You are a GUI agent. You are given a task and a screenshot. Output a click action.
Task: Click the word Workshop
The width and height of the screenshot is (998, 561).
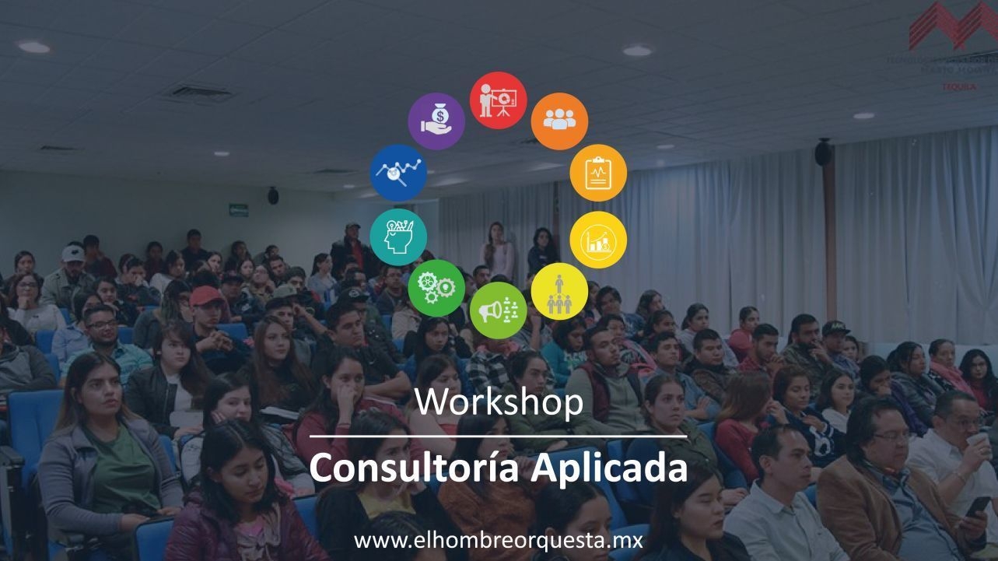[x=499, y=402]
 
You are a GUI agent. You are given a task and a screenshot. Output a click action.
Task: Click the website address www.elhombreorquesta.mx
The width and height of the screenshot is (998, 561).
[x=498, y=540]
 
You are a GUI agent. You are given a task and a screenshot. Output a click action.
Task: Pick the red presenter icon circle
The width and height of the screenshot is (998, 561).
[x=498, y=100]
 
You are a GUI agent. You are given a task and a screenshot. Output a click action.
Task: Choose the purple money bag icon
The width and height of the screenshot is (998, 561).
[x=436, y=121]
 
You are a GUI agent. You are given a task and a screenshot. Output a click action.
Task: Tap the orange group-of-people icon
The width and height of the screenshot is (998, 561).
[x=559, y=121]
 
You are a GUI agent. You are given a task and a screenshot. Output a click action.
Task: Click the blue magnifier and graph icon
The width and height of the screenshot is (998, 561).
[x=398, y=172]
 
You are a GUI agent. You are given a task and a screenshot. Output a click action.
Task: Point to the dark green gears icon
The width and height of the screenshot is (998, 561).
[x=436, y=288]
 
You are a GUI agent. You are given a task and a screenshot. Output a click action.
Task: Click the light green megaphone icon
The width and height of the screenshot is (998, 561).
[x=498, y=310]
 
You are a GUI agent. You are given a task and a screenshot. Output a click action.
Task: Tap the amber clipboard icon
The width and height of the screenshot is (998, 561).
[x=598, y=173]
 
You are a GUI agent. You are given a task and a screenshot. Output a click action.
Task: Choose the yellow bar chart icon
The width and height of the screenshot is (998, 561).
[x=598, y=240]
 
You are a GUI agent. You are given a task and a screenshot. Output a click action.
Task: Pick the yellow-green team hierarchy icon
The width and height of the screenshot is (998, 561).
[x=559, y=291]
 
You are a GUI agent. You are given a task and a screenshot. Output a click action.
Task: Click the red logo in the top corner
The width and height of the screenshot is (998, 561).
[x=953, y=27]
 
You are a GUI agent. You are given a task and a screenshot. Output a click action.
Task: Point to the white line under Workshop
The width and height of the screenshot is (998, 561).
[x=498, y=437]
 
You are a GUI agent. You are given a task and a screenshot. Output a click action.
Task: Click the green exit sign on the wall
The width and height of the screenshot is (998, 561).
[x=239, y=209]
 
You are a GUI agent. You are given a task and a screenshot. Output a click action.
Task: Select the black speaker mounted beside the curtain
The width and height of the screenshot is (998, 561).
[x=823, y=153]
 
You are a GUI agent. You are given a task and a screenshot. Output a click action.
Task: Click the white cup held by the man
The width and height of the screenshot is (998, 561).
[x=977, y=440]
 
